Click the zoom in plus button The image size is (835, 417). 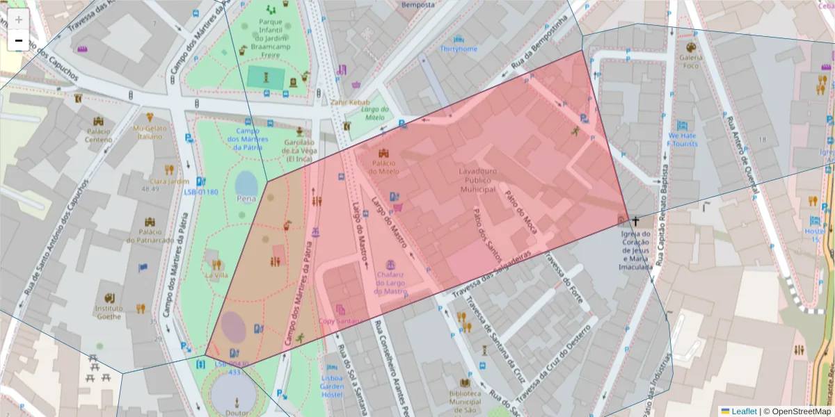[18, 19]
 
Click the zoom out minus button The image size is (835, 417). [18, 41]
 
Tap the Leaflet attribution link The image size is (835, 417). [744, 411]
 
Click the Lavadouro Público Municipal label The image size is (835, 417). [477, 180]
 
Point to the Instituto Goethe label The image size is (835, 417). [109, 312]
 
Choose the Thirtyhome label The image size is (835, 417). [459, 49]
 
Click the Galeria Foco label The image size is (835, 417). [690, 61]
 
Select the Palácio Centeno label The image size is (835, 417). [98, 135]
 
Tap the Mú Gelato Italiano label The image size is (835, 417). [150, 132]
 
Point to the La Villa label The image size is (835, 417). [216, 275]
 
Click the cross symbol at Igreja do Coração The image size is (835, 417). [635, 221]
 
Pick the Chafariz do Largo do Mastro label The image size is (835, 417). [390, 283]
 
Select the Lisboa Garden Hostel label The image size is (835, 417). [332, 386]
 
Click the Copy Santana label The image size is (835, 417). [340, 321]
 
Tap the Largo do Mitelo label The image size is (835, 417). [374, 113]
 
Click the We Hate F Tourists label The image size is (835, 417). [682, 140]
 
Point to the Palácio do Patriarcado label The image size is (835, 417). [150, 236]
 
